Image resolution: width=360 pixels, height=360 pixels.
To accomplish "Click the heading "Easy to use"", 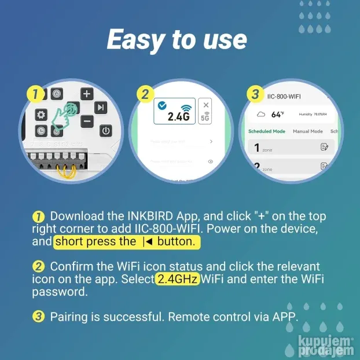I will click(177, 39).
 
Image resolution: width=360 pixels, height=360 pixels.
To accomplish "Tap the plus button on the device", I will click(86, 94).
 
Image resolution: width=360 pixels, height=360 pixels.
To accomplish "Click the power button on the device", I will click(105, 131).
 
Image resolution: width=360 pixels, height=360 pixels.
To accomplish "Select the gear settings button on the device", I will click(41, 115).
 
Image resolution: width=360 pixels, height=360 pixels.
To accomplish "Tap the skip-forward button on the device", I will click(101, 107).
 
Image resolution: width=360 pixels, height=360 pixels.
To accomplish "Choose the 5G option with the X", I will click(205, 111).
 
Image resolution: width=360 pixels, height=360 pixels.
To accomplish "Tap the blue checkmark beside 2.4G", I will click(161, 105).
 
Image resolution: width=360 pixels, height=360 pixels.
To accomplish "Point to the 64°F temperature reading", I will click(277, 115).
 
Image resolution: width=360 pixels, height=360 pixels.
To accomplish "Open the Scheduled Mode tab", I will click(266, 131).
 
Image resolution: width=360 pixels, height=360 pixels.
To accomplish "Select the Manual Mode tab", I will click(307, 131).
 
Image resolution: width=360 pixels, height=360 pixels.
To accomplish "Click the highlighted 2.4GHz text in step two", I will click(177, 280).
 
